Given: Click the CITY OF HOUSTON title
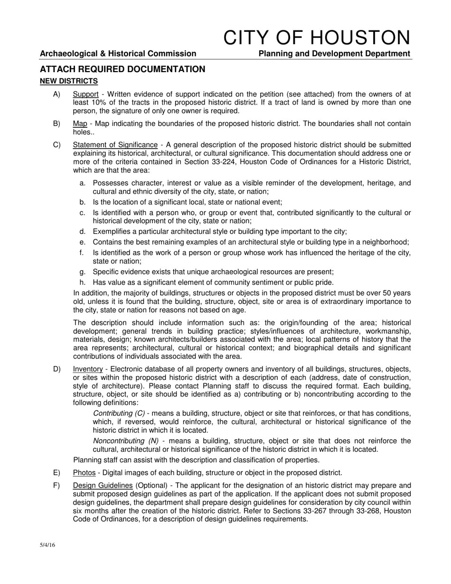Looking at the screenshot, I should tap(316, 38).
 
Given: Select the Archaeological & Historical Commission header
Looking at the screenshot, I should tap(118, 54).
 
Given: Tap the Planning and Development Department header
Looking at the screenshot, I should tap(334, 54).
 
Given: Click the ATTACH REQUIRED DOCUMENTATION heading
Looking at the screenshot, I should tap(122, 69).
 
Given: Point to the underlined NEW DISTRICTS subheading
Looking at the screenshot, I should tap(69, 81).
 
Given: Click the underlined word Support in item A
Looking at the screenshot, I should tap(85, 94).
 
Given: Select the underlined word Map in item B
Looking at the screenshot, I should tap(80, 124).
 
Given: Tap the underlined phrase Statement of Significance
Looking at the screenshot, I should tap(115, 145).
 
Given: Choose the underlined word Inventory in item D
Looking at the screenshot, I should tap(88, 369).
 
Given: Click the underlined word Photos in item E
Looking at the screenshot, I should tap(84, 472).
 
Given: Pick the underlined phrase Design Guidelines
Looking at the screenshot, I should tap(103, 485).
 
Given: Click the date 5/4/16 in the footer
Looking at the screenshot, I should tap(47, 545).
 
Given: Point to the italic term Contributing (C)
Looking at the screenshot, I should tap(119, 413).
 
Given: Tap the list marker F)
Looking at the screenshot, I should tap(56, 485).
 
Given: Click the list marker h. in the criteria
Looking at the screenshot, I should tap(83, 283).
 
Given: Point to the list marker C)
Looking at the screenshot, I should tap(56, 145).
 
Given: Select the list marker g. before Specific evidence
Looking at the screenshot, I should tap(83, 272).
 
